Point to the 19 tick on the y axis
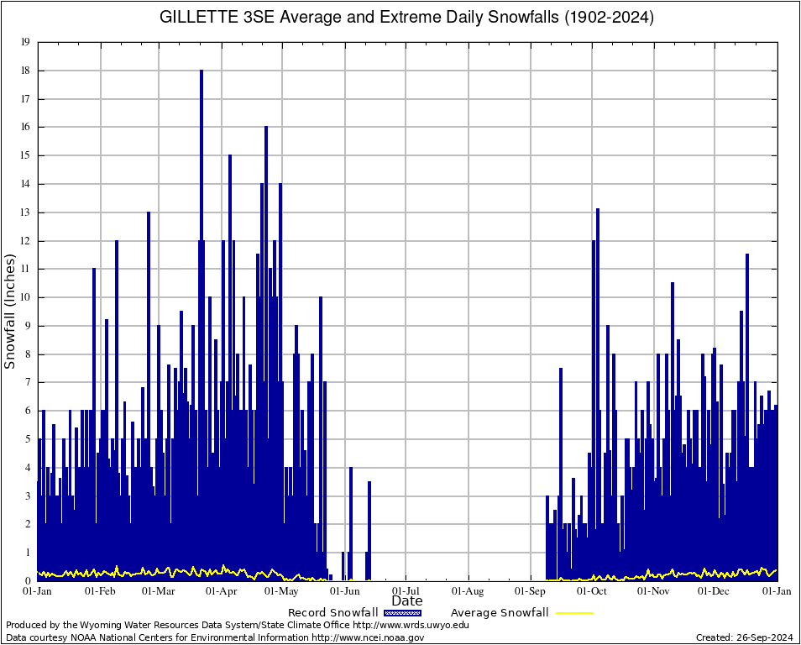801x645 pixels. coord(26,42)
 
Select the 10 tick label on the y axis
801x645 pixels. coord(26,297)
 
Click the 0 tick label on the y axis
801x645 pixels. coord(28,581)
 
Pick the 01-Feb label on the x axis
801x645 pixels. coord(101,591)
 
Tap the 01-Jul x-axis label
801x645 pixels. coord(406,591)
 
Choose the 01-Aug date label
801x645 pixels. coord(469,591)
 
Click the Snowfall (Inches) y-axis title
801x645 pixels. coord(11,312)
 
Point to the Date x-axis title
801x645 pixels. coord(407,601)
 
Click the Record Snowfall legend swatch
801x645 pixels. coord(400,613)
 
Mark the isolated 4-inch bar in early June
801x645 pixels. coord(351,521)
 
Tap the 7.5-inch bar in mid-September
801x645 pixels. coord(561,470)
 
